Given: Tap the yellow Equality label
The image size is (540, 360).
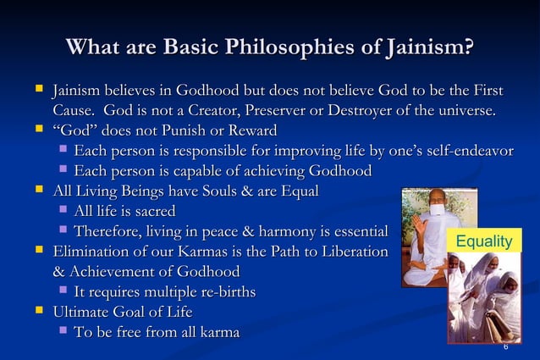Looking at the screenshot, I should tap(483, 242).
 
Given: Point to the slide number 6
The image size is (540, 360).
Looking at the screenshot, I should tap(505, 346).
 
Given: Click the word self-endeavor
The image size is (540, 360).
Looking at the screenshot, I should tap(458, 152).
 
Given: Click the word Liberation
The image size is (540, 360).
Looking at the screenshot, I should tap(349, 252).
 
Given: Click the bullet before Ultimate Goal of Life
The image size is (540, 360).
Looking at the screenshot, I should tap(39, 312).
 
